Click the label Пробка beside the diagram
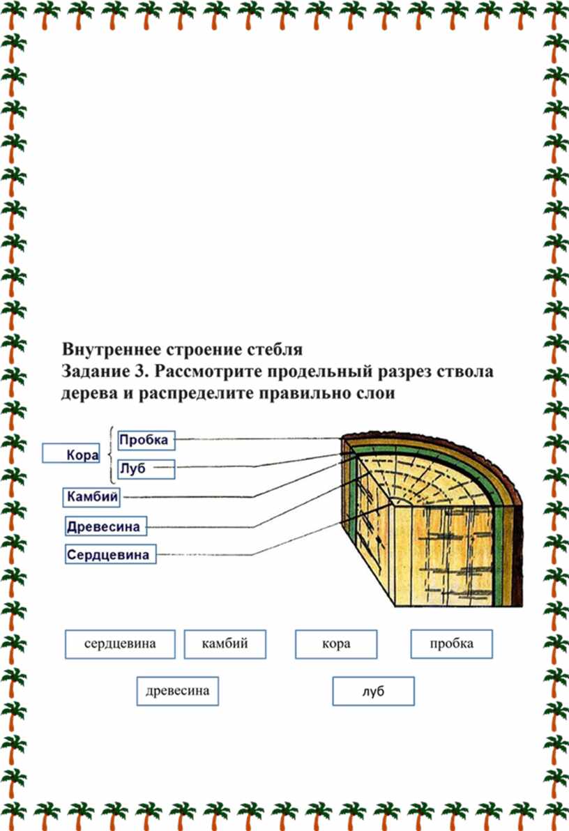pyautogui.click(x=146, y=440)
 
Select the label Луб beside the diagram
pyautogui.click(x=146, y=469)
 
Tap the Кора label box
pyautogui.click(x=71, y=454)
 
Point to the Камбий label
pyautogui.click(x=91, y=497)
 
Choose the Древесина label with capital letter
pyautogui.click(x=106, y=526)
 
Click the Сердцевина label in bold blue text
pyautogui.click(x=110, y=554)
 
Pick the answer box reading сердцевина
pyautogui.click(x=120, y=644)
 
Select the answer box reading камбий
pyautogui.click(x=225, y=644)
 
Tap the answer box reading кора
pyautogui.click(x=336, y=644)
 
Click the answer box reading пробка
pyautogui.click(x=452, y=644)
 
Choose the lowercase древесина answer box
pyautogui.click(x=178, y=691)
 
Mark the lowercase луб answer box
pyautogui.click(x=373, y=691)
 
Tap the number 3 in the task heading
pyautogui.click(x=141, y=372)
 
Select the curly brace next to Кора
pyautogui.click(x=112, y=455)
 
